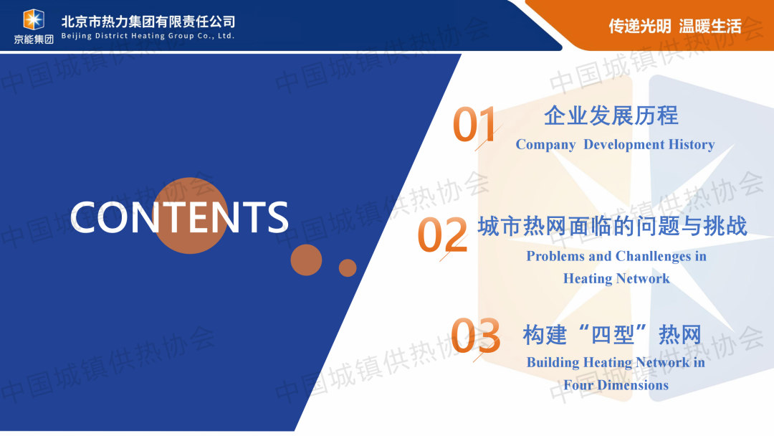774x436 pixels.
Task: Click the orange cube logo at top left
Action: coord(34,20)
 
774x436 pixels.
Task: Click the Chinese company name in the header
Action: coord(148,22)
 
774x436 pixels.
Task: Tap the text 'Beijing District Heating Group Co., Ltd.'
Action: coord(148,36)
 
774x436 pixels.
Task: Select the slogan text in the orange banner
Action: coord(675,26)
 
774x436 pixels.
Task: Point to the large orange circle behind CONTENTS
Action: coord(190,216)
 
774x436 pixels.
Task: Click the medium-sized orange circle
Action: coord(306,260)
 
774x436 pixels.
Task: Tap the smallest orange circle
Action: coord(348,267)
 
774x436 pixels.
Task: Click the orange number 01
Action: coord(474,124)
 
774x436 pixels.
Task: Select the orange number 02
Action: coord(442,234)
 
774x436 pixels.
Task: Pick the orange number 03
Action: coord(476,336)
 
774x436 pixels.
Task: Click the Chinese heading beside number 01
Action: coord(611,115)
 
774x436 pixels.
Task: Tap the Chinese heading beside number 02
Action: coord(613,227)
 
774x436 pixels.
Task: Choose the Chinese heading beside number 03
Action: coord(612,336)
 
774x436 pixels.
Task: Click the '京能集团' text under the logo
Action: coord(34,39)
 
